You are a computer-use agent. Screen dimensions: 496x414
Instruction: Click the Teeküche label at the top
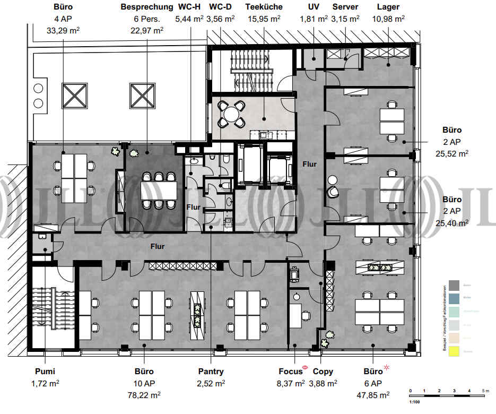tap(264, 7)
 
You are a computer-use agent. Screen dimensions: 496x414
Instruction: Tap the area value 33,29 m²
tap(63, 30)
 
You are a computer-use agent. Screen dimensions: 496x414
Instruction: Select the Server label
tap(345, 7)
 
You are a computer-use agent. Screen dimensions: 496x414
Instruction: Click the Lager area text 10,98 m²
tap(388, 19)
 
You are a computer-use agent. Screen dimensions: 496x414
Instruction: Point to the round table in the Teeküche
tap(231, 114)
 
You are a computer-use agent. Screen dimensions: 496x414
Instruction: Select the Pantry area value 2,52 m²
tap(211, 383)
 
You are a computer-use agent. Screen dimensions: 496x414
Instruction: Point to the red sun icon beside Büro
tap(387, 367)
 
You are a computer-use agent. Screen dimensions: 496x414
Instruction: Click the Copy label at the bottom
tap(323, 372)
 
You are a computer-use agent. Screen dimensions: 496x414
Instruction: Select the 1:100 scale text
tap(415, 402)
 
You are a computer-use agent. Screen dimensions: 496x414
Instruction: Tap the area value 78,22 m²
tap(145, 394)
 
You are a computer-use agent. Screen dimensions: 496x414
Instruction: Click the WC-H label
tap(189, 7)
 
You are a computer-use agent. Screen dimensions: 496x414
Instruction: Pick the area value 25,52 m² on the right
tap(451, 154)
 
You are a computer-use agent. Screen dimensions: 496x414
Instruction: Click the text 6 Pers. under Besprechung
tap(146, 19)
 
